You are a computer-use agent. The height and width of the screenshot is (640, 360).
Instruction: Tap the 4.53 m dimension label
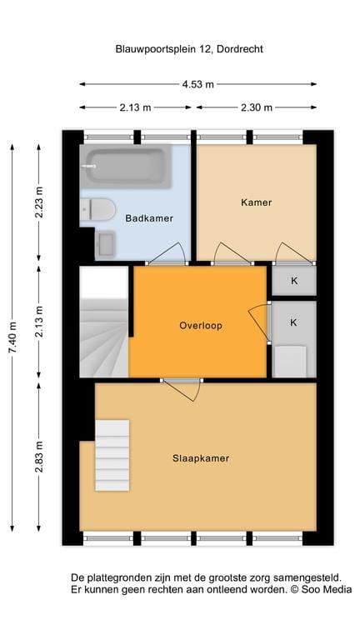tap(198, 84)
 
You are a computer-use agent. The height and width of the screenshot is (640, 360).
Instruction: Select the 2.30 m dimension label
tap(257, 107)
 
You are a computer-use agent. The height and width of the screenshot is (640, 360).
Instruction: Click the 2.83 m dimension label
tap(39, 457)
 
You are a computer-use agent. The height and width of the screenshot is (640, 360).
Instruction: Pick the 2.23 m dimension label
tap(39, 202)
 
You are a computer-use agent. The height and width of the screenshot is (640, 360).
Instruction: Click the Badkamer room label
tap(149, 219)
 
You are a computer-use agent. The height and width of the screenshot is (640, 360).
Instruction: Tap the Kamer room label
tap(256, 202)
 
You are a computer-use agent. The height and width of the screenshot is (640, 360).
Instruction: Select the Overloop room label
tap(201, 326)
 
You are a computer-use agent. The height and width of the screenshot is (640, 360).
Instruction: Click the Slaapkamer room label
tap(201, 458)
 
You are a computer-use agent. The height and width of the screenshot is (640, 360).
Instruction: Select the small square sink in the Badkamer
tap(105, 244)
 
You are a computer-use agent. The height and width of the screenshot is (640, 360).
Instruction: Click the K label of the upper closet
tap(294, 281)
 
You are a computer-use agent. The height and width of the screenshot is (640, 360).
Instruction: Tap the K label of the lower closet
tap(294, 322)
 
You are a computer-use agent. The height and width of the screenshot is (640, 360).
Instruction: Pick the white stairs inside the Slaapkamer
tap(112, 456)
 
